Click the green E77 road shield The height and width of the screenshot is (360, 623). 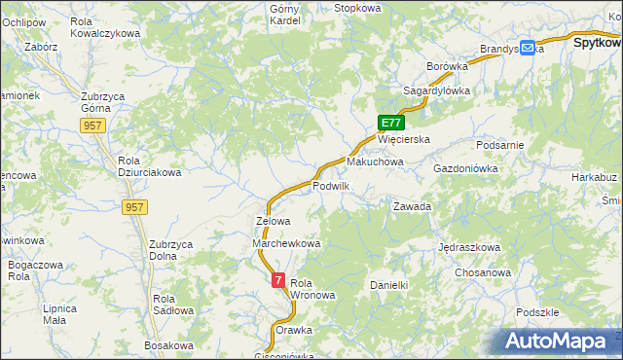[390, 123]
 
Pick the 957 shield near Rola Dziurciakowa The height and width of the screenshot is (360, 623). [135, 207]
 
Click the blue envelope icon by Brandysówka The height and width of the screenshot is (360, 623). [528, 47]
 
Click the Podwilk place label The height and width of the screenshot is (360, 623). [331, 185]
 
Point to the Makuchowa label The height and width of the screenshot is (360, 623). [375, 162]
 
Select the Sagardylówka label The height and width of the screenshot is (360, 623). [437, 90]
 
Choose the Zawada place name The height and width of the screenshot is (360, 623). [412, 206]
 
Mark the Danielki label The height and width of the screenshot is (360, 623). [388, 285]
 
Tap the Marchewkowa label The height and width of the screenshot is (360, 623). [286, 243]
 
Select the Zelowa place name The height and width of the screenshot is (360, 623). [273, 221]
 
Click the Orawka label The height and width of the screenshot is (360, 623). [294, 330]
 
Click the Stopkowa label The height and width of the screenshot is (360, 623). [357, 8]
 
